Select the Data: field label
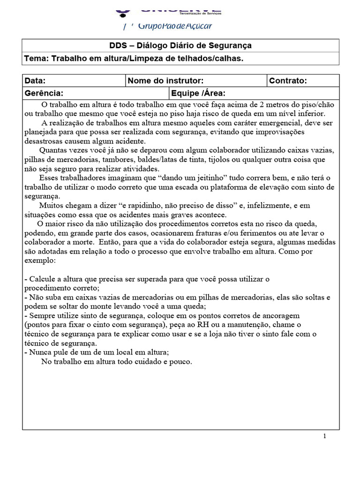(x=35, y=81)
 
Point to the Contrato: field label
(x=288, y=81)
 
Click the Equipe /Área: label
(x=199, y=93)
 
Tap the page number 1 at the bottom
(x=324, y=436)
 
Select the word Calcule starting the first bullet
(x=42, y=279)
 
